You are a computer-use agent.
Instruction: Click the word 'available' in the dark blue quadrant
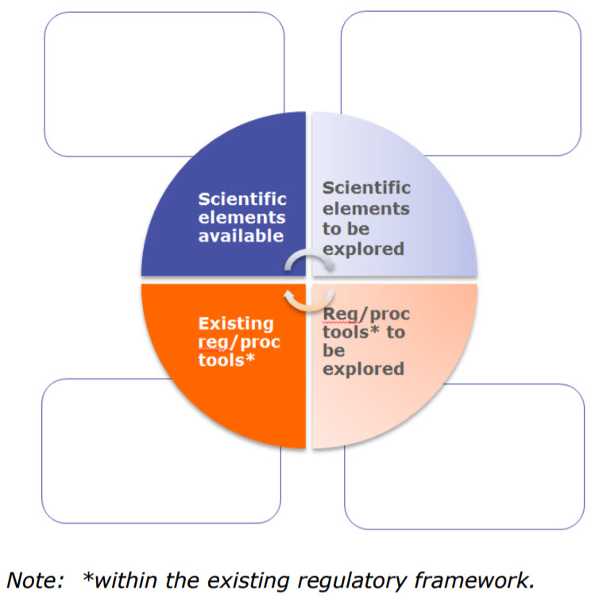point(241,235)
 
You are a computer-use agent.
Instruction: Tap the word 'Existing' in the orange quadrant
point(236,323)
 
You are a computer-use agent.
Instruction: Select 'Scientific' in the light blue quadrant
point(366,188)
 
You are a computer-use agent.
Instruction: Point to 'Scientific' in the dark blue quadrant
point(242,199)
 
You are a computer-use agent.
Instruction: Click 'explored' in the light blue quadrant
point(363,249)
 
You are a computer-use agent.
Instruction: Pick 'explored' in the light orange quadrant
point(363,369)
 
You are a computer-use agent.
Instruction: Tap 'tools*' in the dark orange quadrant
point(226,360)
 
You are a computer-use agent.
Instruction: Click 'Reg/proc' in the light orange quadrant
point(366,314)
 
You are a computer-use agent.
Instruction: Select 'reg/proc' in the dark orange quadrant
point(239,342)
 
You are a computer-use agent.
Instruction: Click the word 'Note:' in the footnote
point(35,580)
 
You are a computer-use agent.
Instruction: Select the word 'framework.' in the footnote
point(474,580)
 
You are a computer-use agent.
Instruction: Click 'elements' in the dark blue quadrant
point(241,218)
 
